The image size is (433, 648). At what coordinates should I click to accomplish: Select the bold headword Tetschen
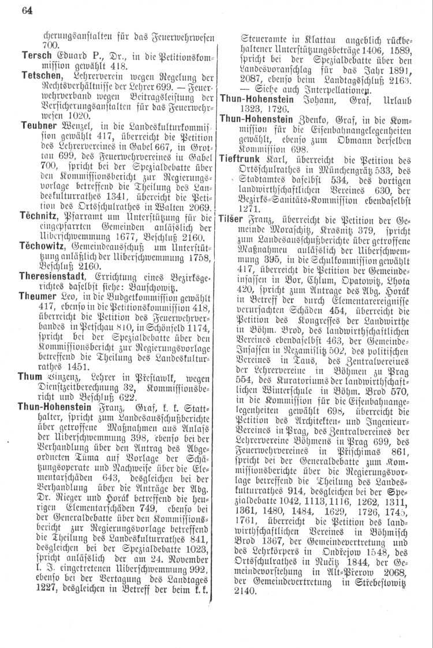pos(41,76)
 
